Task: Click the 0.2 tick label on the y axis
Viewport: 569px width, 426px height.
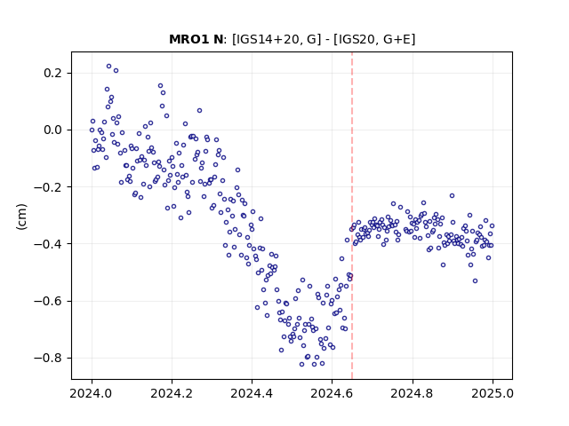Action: click(x=53, y=73)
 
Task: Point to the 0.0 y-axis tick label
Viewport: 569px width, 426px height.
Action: click(x=53, y=130)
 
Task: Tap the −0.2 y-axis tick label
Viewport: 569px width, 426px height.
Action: click(x=49, y=187)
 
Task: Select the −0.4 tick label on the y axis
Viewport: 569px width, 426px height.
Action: click(x=49, y=244)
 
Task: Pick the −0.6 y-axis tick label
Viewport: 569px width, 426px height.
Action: click(x=49, y=301)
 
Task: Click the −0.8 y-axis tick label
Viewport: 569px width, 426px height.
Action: click(x=49, y=358)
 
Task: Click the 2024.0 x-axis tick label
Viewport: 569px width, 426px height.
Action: click(x=92, y=393)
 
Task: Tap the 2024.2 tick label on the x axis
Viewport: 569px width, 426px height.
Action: click(x=172, y=393)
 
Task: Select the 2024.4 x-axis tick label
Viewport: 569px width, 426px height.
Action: click(x=252, y=393)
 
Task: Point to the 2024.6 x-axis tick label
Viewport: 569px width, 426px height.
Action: click(x=332, y=393)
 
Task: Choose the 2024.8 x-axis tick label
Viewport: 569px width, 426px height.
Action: click(x=413, y=393)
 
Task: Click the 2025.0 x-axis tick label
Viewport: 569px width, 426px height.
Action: click(x=493, y=393)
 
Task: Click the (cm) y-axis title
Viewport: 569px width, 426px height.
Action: click(x=21, y=217)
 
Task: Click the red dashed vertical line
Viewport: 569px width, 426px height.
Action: click(x=352, y=216)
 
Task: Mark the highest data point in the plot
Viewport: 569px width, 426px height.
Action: click(x=108, y=67)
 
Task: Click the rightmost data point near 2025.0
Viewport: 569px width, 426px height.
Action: click(x=492, y=226)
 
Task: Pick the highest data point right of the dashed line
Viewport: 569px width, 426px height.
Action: click(x=452, y=195)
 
